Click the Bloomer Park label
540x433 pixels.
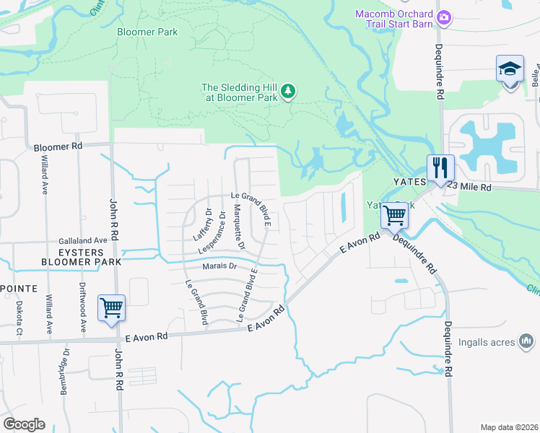point(149,32)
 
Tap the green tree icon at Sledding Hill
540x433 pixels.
point(288,90)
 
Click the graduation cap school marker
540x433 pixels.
point(510,70)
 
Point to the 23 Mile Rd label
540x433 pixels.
point(469,187)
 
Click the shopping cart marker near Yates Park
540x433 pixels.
point(394,214)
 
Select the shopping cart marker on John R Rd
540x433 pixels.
point(111,308)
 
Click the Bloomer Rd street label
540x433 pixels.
point(58,146)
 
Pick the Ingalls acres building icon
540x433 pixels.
point(526,340)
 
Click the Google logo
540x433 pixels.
point(24,424)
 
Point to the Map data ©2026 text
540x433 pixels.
point(509,427)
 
